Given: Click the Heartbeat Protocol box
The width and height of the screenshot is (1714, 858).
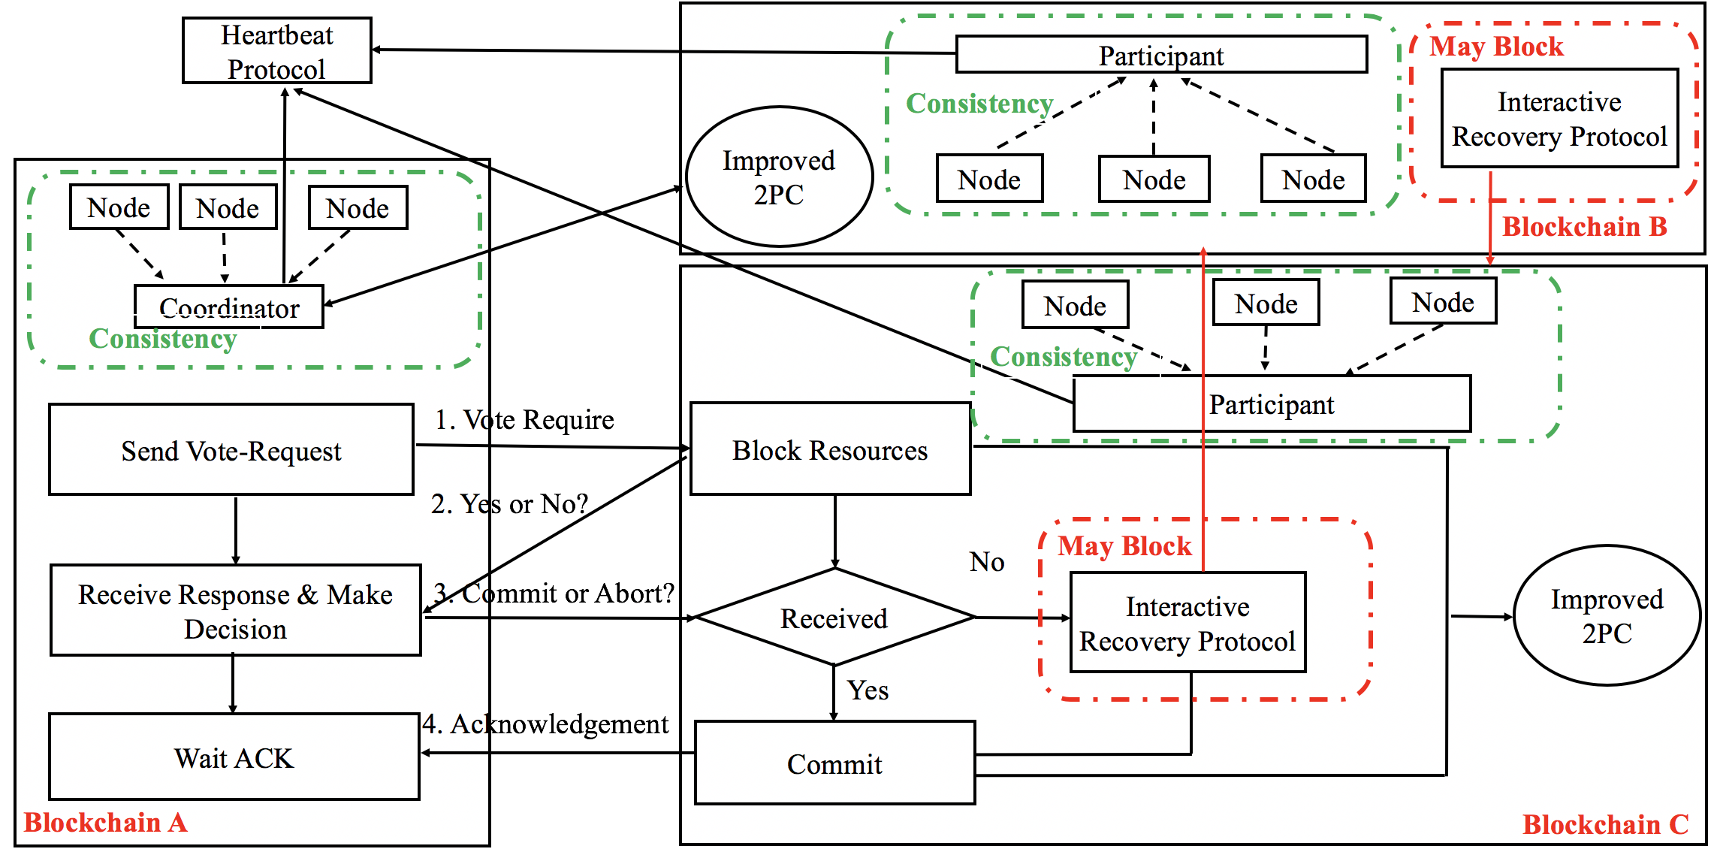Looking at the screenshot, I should coord(276,50).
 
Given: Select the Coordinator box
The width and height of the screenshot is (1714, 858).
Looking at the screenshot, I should coord(229,307).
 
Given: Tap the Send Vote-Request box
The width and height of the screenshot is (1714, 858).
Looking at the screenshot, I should coord(231,450).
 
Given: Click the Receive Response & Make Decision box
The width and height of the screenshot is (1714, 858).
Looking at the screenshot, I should coord(235,611).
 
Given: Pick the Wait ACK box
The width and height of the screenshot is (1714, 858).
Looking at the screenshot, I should coord(234,757).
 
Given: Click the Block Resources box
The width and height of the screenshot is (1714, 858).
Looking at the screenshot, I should coord(830,449).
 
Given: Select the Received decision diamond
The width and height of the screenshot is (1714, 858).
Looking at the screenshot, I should coord(834,618).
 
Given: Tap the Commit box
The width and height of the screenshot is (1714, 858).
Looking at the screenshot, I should coord(834,763).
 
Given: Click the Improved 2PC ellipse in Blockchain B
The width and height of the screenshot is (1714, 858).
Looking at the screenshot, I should coord(779,177).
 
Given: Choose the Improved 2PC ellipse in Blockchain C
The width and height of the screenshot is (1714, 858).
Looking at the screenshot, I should coord(1607,615).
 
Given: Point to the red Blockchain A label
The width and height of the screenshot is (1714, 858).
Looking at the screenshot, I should coord(105,823).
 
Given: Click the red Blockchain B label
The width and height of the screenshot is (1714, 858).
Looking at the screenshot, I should coord(1584,226).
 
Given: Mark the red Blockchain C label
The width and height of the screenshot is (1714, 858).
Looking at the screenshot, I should coord(1605,824).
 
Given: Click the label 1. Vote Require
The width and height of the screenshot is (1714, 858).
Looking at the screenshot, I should coord(524,419).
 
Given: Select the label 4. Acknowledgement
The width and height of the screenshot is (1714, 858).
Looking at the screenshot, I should coord(545,724).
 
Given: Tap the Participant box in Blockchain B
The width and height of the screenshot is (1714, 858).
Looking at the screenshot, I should coord(1160,55).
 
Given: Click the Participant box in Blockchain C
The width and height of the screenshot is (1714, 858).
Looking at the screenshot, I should coord(1271,404).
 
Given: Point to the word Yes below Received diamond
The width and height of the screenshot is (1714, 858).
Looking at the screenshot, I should coord(868,690).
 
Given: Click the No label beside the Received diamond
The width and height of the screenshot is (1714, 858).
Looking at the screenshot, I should coord(986,561).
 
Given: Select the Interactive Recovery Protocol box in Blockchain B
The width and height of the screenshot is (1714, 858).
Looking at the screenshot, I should coord(1559,119).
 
